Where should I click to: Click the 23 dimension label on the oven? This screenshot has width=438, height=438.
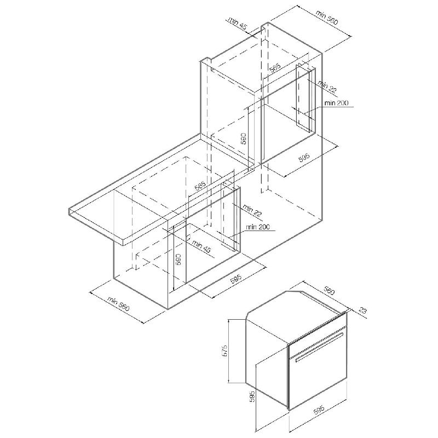click(x=362, y=310)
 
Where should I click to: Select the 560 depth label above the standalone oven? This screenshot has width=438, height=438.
click(x=329, y=291)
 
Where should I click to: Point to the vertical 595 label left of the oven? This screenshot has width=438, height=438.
click(x=252, y=396)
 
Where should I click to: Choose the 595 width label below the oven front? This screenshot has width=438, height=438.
click(x=319, y=410)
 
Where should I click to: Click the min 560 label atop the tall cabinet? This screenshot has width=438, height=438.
click(x=327, y=18)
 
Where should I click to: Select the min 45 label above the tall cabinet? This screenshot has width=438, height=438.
click(x=238, y=23)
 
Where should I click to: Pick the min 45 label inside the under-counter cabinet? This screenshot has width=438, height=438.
click(x=201, y=247)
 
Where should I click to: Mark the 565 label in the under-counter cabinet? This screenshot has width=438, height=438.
click(x=200, y=186)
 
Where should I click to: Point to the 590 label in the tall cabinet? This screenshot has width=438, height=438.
click(x=243, y=139)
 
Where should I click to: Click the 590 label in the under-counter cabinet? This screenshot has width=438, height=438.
click(x=179, y=259)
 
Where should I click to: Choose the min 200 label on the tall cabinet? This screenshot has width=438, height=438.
click(x=336, y=103)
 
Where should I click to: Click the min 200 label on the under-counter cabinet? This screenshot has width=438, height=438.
click(x=258, y=227)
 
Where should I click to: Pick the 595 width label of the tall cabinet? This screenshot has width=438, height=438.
click(x=304, y=158)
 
